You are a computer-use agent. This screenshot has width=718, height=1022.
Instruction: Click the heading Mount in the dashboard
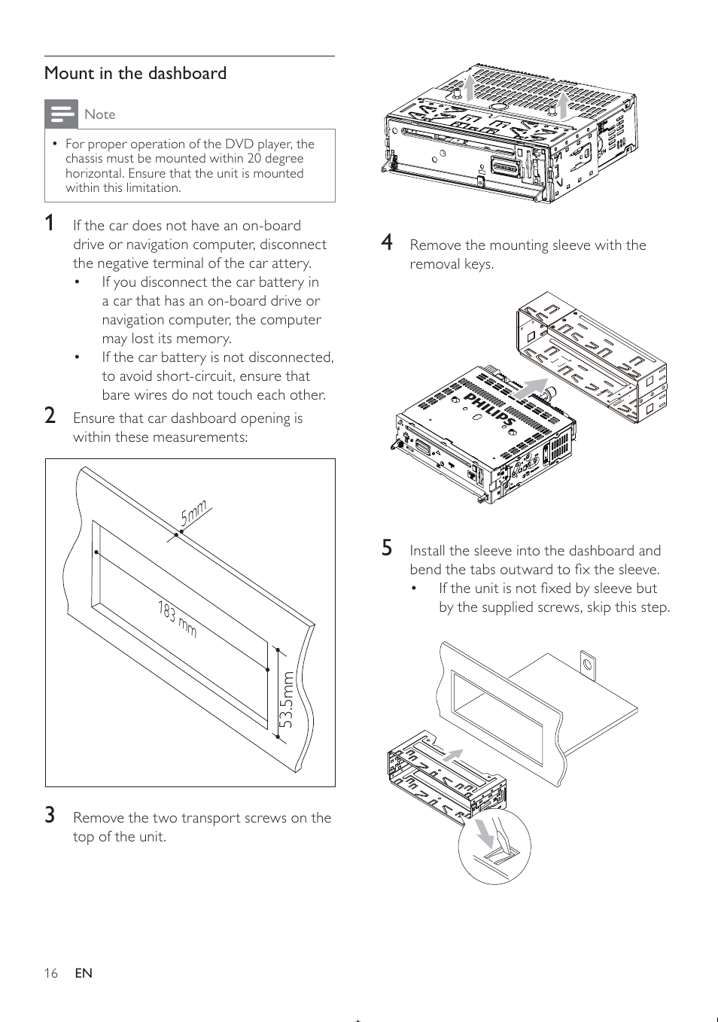point(135,74)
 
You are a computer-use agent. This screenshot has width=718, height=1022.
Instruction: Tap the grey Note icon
point(61,114)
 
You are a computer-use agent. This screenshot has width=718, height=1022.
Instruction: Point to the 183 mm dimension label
point(178,619)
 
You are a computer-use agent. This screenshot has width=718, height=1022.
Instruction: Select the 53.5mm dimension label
point(286,700)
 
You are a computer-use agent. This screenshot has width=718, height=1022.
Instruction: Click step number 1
point(50,224)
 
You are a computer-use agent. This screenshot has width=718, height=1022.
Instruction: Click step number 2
point(50,416)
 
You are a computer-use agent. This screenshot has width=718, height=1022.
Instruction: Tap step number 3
point(50,816)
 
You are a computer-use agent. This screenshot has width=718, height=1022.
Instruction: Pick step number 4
point(387,242)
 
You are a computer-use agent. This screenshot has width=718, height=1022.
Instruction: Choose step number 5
point(387,548)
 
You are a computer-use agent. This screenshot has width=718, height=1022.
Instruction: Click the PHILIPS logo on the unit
point(488,409)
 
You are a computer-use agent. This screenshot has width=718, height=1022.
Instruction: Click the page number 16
point(50,973)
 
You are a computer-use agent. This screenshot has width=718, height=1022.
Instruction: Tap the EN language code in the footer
point(84,973)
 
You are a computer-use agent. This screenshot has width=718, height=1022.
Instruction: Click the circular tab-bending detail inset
point(494,847)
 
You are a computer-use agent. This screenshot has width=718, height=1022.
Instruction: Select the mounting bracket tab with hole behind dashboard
point(588,665)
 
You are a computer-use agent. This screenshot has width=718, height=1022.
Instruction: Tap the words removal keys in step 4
point(452,264)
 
